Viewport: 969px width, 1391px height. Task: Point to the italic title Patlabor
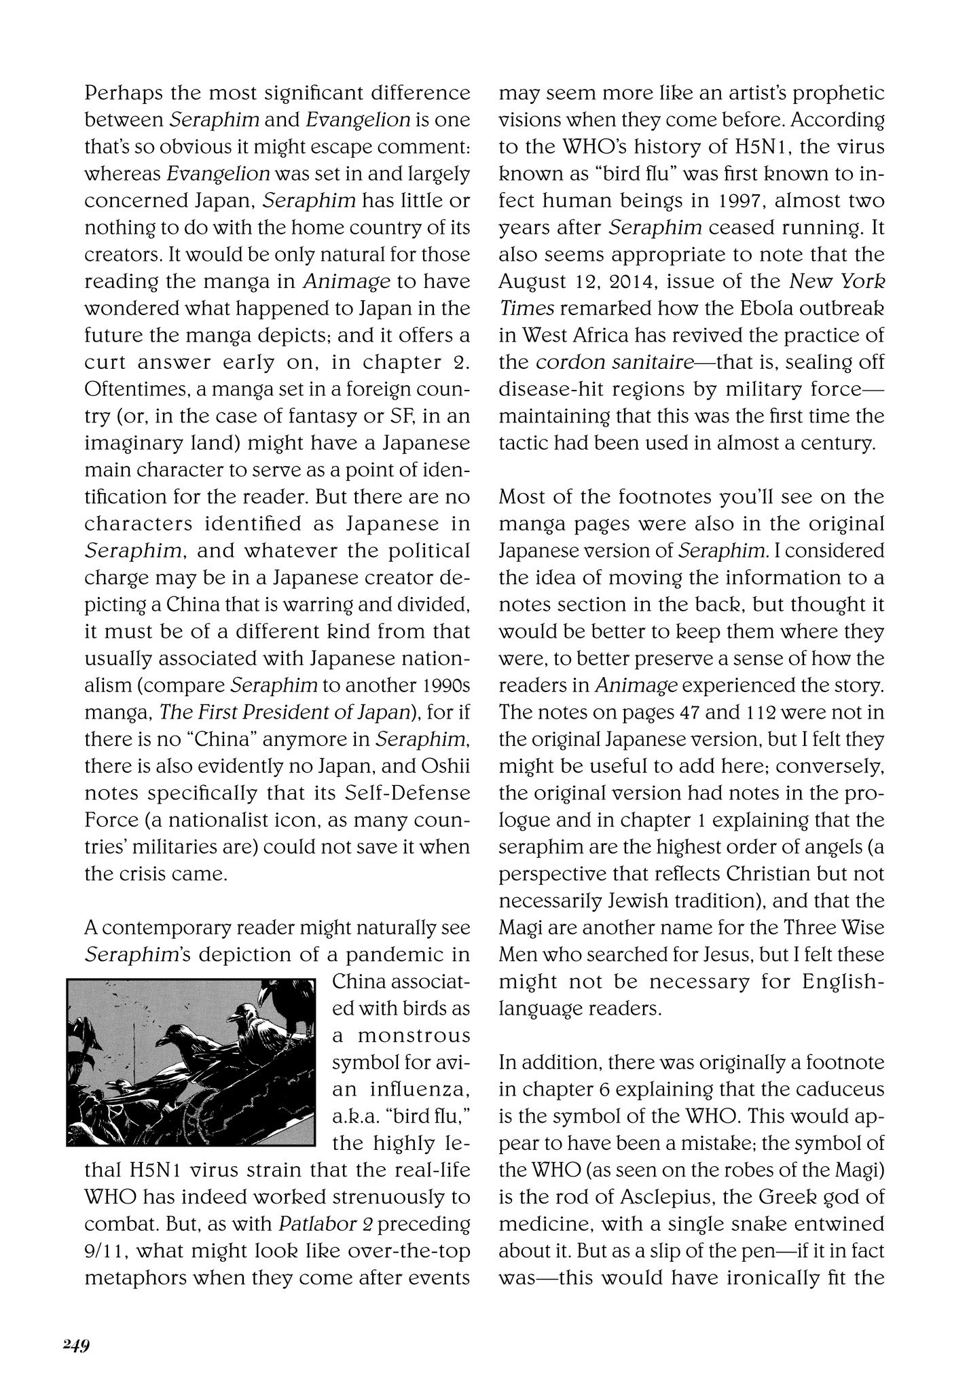tap(316, 1224)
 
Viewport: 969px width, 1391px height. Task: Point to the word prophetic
tap(841, 93)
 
